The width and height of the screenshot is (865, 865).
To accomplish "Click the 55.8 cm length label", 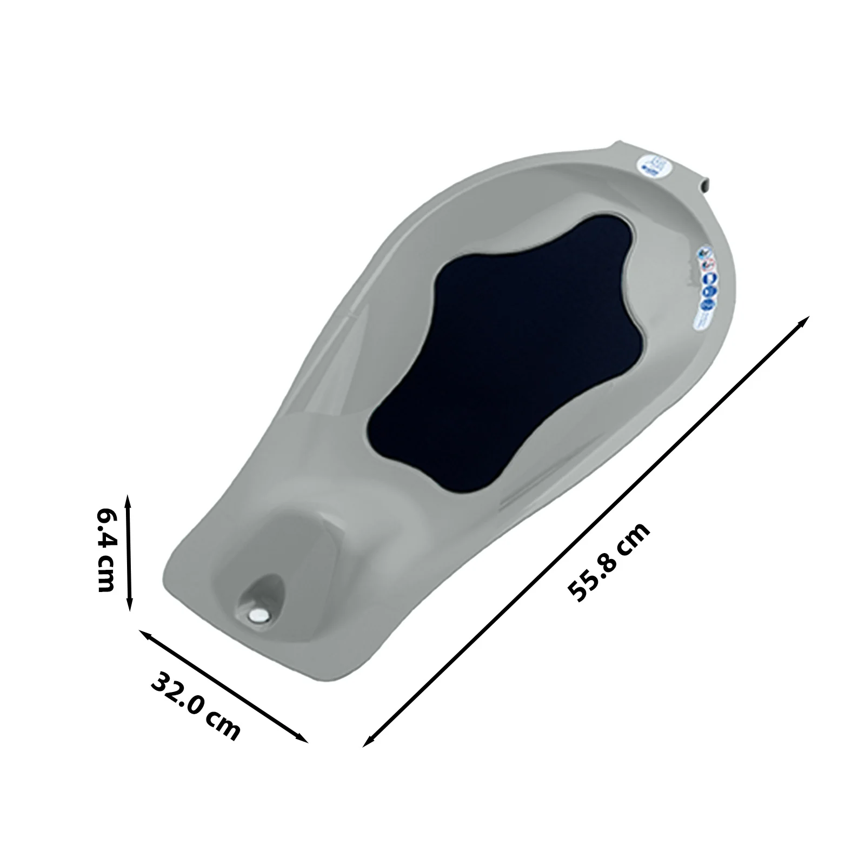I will [609, 562].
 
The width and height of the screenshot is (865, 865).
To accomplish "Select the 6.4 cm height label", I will [104, 550].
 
